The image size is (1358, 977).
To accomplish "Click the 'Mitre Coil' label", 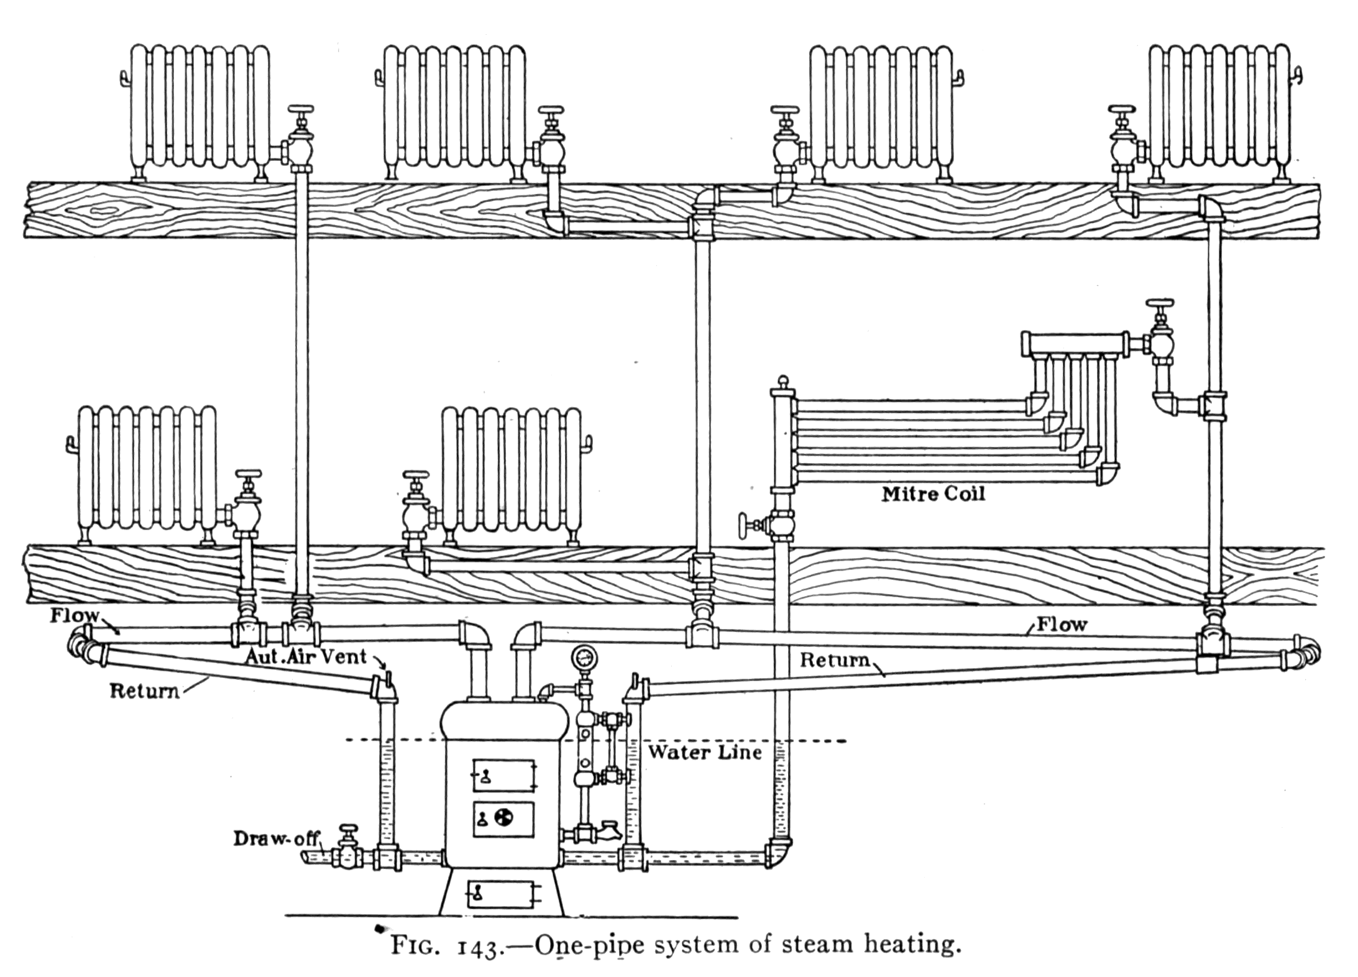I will (933, 494).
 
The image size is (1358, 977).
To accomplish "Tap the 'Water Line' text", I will (705, 753).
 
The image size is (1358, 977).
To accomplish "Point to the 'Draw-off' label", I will (275, 838).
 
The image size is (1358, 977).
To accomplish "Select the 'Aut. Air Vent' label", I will (305, 656).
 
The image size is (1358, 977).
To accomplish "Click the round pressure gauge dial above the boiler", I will (584, 656).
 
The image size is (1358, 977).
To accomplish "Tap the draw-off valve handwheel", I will (347, 830).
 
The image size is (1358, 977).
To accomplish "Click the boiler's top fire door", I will (504, 775).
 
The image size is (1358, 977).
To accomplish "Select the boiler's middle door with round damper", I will (504, 819).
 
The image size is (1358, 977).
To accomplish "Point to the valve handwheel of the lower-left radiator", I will (249, 474).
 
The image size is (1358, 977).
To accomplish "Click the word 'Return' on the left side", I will (144, 690).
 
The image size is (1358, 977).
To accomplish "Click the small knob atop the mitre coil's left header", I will (783, 380).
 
